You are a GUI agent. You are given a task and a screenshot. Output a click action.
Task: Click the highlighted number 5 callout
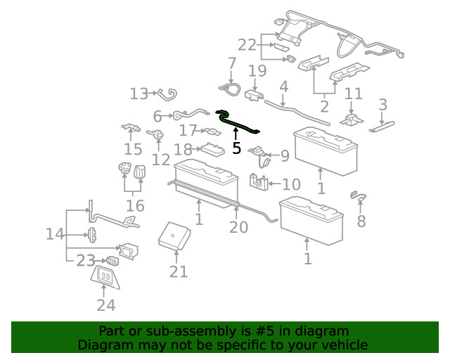coord(236,148)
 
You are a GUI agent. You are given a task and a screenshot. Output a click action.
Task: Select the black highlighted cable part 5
coord(238,124)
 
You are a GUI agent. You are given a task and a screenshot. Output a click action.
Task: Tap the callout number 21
coord(179,271)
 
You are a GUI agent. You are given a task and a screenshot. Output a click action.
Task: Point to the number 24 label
coord(105,305)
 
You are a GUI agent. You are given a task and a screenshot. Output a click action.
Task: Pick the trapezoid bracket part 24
coord(105,276)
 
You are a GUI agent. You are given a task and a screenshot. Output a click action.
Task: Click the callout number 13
coord(139,94)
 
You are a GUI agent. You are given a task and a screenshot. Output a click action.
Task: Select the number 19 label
coord(257,70)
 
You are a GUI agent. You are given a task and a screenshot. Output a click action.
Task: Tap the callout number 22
coord(247,45)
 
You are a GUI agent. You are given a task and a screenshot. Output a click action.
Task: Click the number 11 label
coord(353,94)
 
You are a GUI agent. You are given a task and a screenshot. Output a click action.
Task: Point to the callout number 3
coord(382,105)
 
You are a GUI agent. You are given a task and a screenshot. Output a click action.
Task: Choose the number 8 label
coord(361,222)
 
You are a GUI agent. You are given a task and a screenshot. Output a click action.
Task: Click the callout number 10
coord(291,184)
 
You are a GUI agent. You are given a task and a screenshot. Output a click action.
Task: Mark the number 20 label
coord(238,226)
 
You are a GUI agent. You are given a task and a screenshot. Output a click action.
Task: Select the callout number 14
coord(55,233)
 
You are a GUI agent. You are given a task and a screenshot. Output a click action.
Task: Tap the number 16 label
coord(135,205)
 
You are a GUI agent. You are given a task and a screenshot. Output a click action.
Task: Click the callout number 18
coord(183,149)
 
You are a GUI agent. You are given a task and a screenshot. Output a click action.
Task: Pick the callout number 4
coord(284,87)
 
